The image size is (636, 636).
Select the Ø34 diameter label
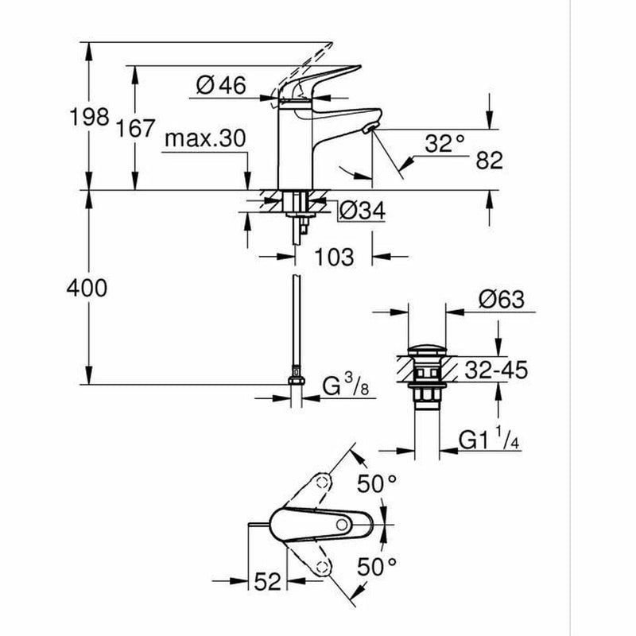pyautogui.click(x=362, y=211)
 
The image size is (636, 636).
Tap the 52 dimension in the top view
pyautogui.click(x=268, y=582)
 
